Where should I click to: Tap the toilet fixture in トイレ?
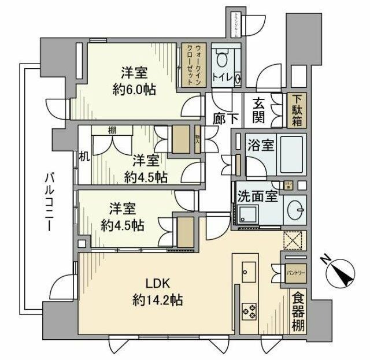(221, 60)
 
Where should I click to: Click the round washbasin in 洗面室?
(295, 209)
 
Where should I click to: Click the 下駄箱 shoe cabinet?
(297, 110)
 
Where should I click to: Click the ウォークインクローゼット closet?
(190, 65)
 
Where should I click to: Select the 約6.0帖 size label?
(134, 90)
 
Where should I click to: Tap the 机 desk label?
(84, 157)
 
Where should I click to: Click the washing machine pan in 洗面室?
(250, 213)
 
